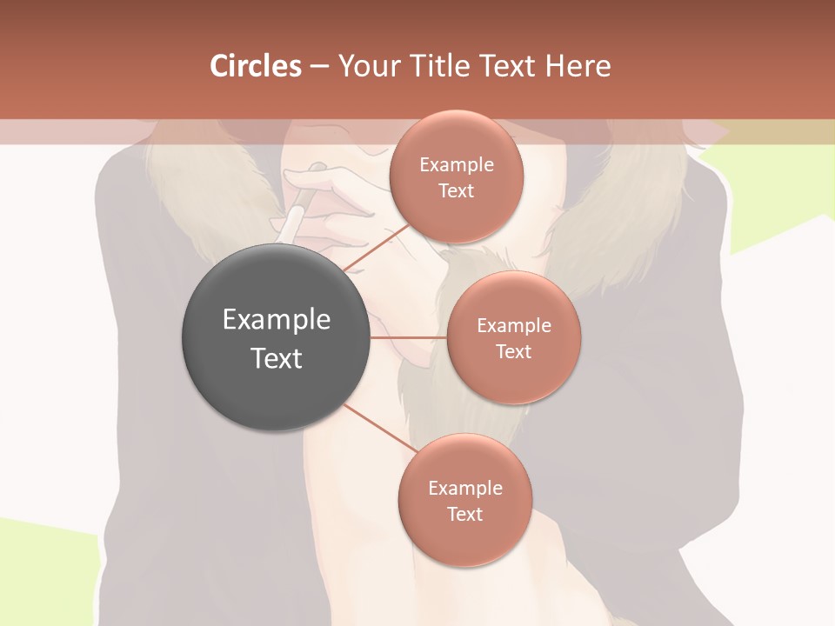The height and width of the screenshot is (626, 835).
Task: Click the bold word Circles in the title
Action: [255, 66]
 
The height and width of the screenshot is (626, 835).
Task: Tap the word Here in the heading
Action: [578, 66]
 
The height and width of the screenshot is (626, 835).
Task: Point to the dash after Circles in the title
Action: [319, 67]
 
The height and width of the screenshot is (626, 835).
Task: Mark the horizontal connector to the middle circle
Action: [409, 337]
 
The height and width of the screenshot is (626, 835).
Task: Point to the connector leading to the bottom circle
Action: [380, 428]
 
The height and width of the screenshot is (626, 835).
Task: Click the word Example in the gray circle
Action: [277, 320]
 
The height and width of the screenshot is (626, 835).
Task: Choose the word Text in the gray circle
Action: [277, 358]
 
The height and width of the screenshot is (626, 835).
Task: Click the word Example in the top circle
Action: [457, 164]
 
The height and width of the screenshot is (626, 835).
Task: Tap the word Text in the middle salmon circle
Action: [514, 351]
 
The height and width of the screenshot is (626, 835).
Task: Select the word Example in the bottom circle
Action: [465, 488]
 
